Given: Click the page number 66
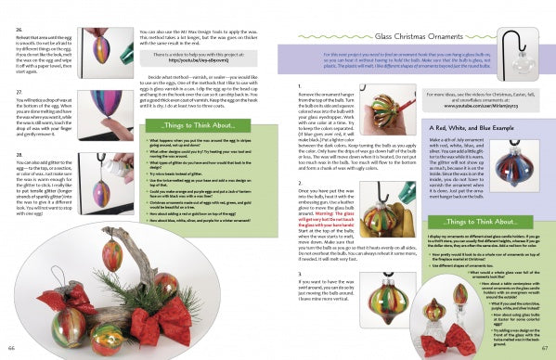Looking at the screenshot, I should coord(13,347).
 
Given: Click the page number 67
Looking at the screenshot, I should coord(542,347).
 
